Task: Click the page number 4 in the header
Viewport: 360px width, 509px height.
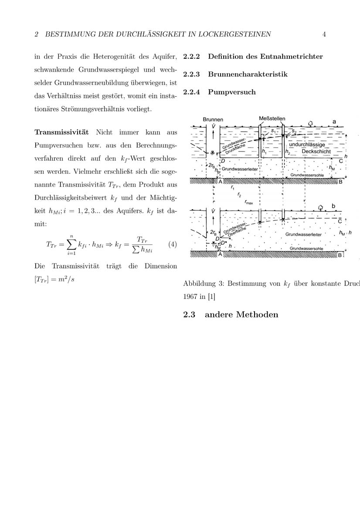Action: point(324,34)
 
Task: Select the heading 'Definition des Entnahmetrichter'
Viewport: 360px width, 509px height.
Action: point(265,57)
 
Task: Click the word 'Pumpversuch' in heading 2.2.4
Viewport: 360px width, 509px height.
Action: point(232,92)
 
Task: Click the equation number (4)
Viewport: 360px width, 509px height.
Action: point(173,244)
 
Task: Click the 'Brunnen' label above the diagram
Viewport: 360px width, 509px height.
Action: point(213,119)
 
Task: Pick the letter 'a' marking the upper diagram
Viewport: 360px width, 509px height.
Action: point(334,122)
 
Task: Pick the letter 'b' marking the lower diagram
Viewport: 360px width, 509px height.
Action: point(334,206)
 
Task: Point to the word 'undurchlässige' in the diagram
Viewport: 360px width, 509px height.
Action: point(307,145)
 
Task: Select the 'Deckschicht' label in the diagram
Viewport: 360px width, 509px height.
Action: point(316,152)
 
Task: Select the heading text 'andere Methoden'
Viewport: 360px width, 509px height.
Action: point(241,314)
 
